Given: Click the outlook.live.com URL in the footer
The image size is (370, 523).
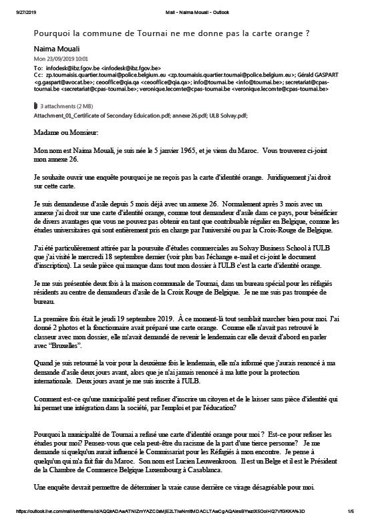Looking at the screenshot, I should click(134, 512).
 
